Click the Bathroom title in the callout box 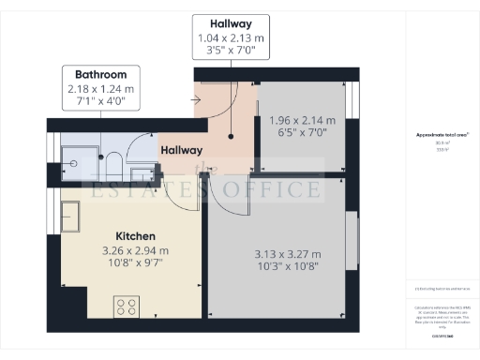coord(100,74)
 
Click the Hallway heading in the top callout coord(231,23)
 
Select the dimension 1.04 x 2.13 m coord(231,38)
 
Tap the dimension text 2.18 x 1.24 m coord(100,89)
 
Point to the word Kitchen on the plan coord(135,235)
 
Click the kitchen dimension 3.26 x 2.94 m coord(135,250)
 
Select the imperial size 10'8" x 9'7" coord(135,265)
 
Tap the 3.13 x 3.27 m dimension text coord(287,254)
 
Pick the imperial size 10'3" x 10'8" coord(287,269)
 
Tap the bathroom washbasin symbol coord(142,169)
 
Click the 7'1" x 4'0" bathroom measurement coord(100,103)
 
